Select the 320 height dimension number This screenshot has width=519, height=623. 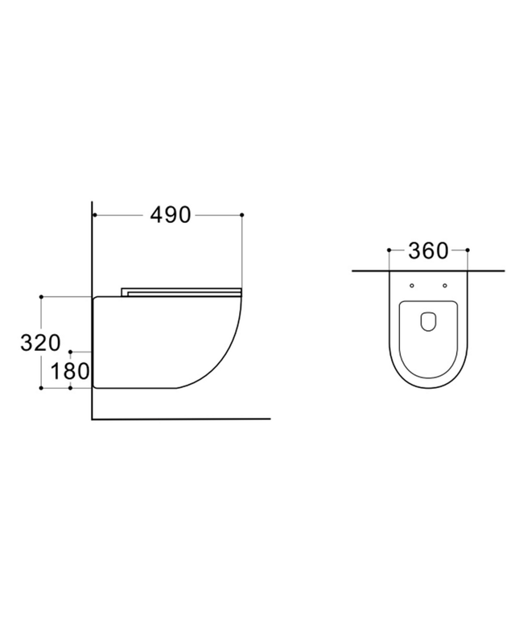[40, 342]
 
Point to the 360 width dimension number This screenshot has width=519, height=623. [427, 251]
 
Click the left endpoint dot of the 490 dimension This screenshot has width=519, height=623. [94, 215]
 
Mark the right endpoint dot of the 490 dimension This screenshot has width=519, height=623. [242, 215]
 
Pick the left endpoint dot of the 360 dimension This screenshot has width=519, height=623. [389, 250]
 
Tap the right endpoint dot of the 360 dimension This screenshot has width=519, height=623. [467, 250]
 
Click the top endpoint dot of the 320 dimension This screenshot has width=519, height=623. [41, 296]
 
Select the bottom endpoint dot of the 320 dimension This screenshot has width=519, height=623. [41, 388]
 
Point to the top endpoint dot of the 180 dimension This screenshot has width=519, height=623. [71, 353]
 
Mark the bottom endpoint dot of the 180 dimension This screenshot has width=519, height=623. [71, 388]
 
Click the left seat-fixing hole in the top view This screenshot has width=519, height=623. [412, 285]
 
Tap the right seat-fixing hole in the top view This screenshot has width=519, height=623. [444, 285]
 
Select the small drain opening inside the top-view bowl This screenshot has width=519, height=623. [428, 320]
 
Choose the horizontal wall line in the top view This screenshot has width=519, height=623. [427, 272]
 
